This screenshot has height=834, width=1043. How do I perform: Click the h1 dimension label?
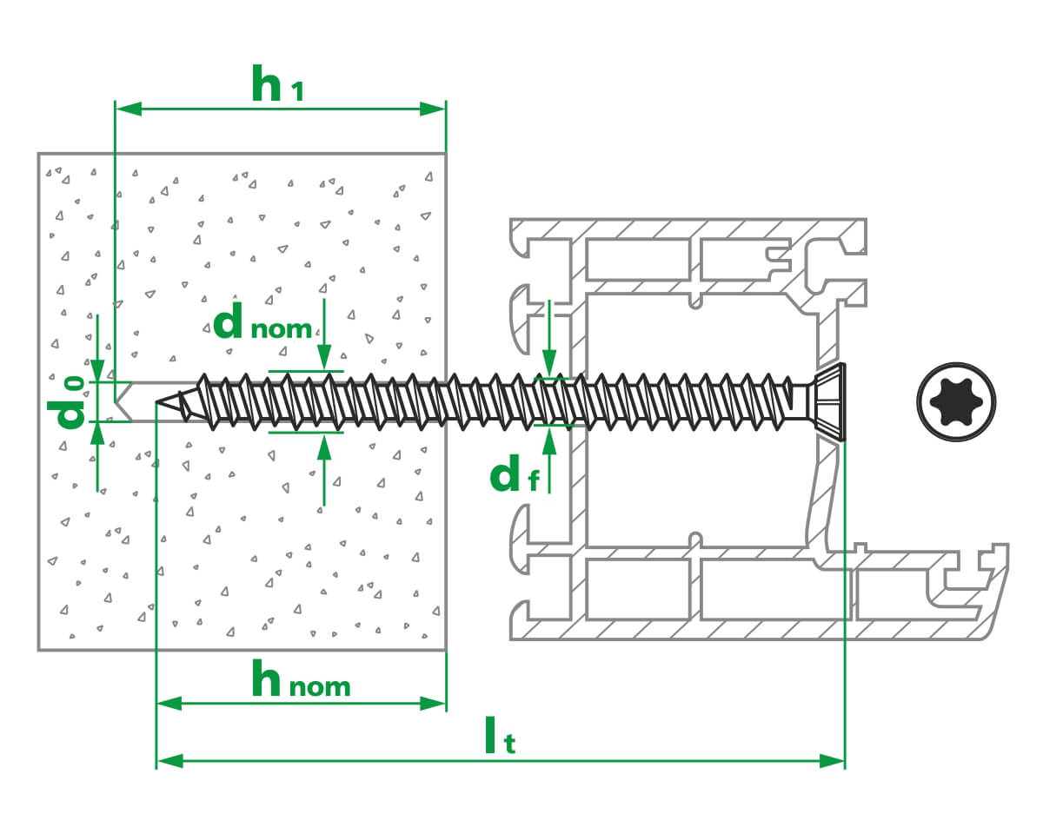pos(277,84)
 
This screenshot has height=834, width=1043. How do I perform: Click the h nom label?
pos(301,681)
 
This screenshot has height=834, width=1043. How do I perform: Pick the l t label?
pos(501,738)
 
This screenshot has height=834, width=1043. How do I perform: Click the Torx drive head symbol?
pos(956,401)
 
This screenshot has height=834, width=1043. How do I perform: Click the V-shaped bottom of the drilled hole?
pos(121,401)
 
